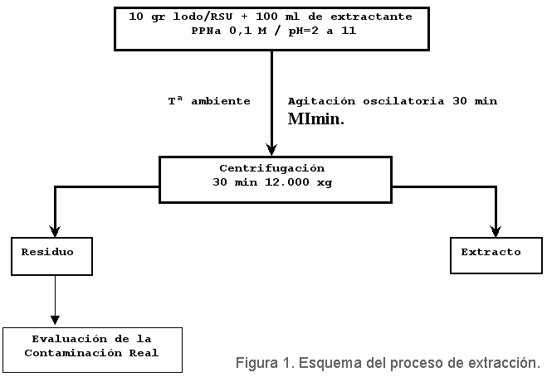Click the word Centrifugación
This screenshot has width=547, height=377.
coord(272,169)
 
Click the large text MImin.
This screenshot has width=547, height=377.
coord(315,119)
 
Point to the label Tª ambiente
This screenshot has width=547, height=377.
coord(209,101)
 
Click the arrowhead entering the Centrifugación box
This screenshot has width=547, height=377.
coord(271,150)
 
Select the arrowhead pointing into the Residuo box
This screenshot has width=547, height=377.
coord(55,231)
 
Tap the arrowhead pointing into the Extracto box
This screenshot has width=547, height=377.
coord(496,231)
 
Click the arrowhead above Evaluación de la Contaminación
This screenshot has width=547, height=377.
coord(55,320)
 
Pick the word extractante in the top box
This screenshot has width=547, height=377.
coord(371,17)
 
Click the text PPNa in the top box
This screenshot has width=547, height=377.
coord(206,31)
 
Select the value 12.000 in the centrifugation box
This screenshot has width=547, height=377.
coord(287,182)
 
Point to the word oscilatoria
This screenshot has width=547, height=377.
coord(403,101)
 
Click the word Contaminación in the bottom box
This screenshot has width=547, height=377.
coord(73,353)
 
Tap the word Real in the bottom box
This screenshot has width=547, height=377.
coord(144,353)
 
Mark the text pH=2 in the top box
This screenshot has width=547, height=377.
coord(304,31)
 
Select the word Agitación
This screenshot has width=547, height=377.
coord(321,101)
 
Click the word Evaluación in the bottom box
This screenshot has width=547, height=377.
coord(70,339)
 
